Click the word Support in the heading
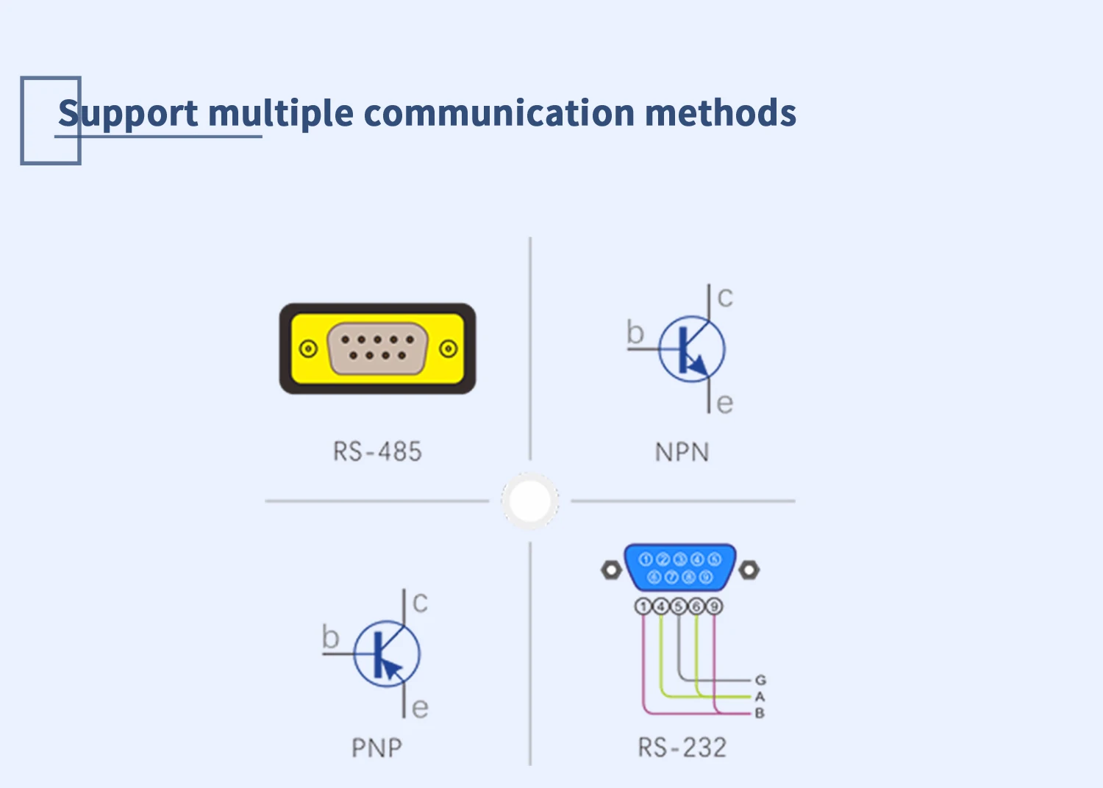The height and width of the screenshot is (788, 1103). (128, 114)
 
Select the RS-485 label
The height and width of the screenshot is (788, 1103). (377, 451)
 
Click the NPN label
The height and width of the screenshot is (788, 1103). (682, 452)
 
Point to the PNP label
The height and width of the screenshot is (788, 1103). (376, 748)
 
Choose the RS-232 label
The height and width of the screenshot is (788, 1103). (682, 748)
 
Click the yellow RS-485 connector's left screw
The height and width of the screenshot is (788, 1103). (309, 348)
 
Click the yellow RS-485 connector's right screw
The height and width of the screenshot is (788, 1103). (449, 348)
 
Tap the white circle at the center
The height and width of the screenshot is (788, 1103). (529, 501)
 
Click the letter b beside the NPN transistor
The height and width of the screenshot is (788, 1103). (635, 333)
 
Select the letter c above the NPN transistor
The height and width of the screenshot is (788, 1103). (725, 298)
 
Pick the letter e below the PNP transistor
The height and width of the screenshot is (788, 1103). (420, 708)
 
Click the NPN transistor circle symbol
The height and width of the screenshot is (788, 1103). (691, 349)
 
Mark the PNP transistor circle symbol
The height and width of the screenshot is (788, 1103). (386, 654)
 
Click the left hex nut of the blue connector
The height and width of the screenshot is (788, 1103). (611, 570)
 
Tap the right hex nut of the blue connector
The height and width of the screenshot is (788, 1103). (749, 570)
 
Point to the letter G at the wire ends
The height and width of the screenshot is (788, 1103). (760, 680)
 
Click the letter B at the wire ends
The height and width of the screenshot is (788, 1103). (760, 713)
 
